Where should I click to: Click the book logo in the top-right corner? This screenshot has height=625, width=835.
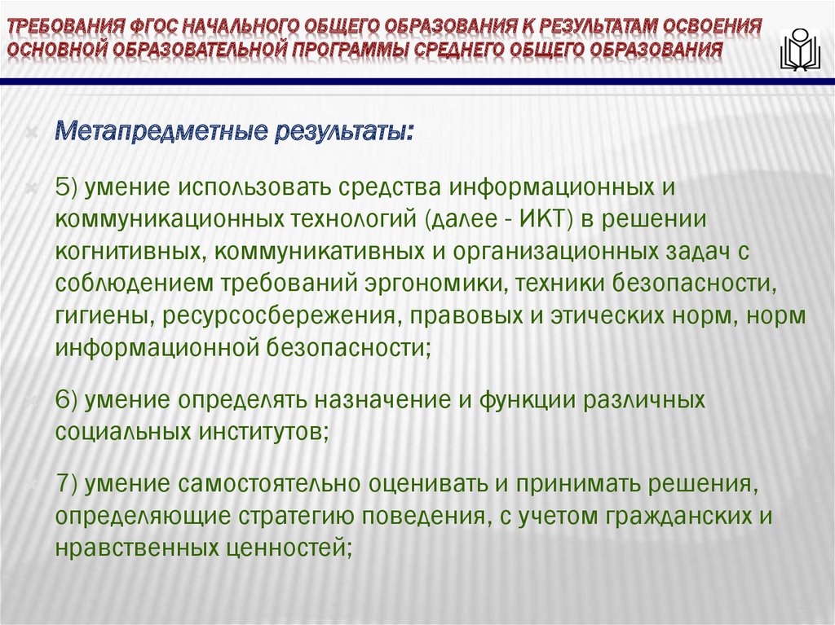point(800,51)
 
